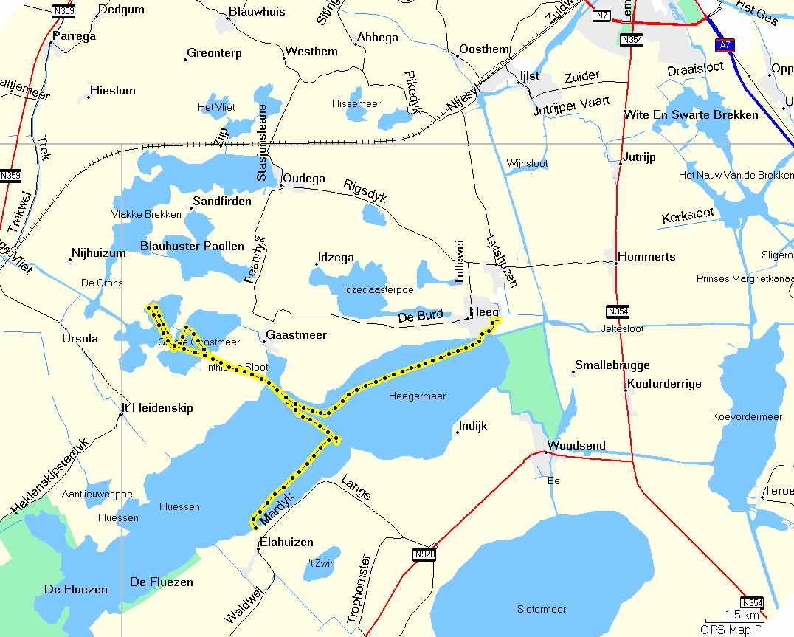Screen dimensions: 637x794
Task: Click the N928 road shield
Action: point(423,554)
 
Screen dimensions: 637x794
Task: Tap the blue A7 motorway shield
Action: point(725,46)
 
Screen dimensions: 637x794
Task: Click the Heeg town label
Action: point(486,313)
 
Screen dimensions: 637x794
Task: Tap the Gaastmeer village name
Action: point(295,335)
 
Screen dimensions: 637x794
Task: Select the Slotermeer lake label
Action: point(542,610)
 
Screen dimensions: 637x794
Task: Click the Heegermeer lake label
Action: point(417,396)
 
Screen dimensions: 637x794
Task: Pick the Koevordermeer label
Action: point(747,417)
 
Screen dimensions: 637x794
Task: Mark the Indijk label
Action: point(473,426)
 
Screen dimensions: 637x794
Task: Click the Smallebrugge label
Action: point(612,365)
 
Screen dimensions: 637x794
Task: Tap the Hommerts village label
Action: point(646,257)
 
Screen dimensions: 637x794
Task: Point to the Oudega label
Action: point(304,179)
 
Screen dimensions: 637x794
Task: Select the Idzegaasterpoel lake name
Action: point(379,290)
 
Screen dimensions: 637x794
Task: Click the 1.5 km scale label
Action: point(741,615)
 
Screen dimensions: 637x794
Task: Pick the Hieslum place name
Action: point(112,91)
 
